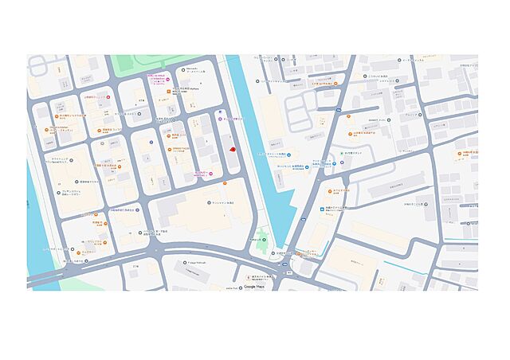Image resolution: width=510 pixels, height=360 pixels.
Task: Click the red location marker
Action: (x=231, y=149)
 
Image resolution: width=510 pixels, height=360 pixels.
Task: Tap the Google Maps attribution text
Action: (x=255, y=286)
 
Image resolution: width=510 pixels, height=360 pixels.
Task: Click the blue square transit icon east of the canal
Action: (x=342, y=162)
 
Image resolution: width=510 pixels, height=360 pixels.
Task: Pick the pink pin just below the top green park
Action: (x=147, y=78)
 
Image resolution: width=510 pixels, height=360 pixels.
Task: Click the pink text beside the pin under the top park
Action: (x=158, y=82)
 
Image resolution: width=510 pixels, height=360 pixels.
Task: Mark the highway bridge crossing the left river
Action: (x=48, y=275)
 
